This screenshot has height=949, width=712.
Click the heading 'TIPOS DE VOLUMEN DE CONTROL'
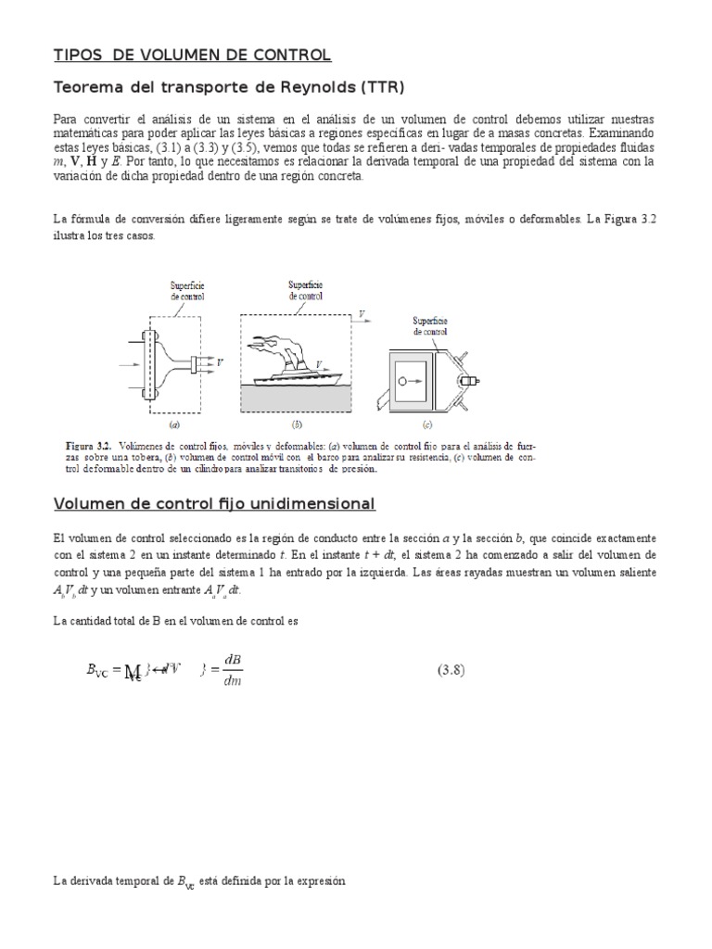point(191,56)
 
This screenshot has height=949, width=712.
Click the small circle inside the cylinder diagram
point(402,380)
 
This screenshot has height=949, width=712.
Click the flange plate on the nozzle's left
point(148,362)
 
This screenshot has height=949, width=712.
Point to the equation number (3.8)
point(455,670)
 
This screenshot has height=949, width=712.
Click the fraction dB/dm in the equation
point(232,671)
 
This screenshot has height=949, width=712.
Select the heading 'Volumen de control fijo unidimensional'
point(214,504)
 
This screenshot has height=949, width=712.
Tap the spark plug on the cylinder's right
point(472,381)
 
